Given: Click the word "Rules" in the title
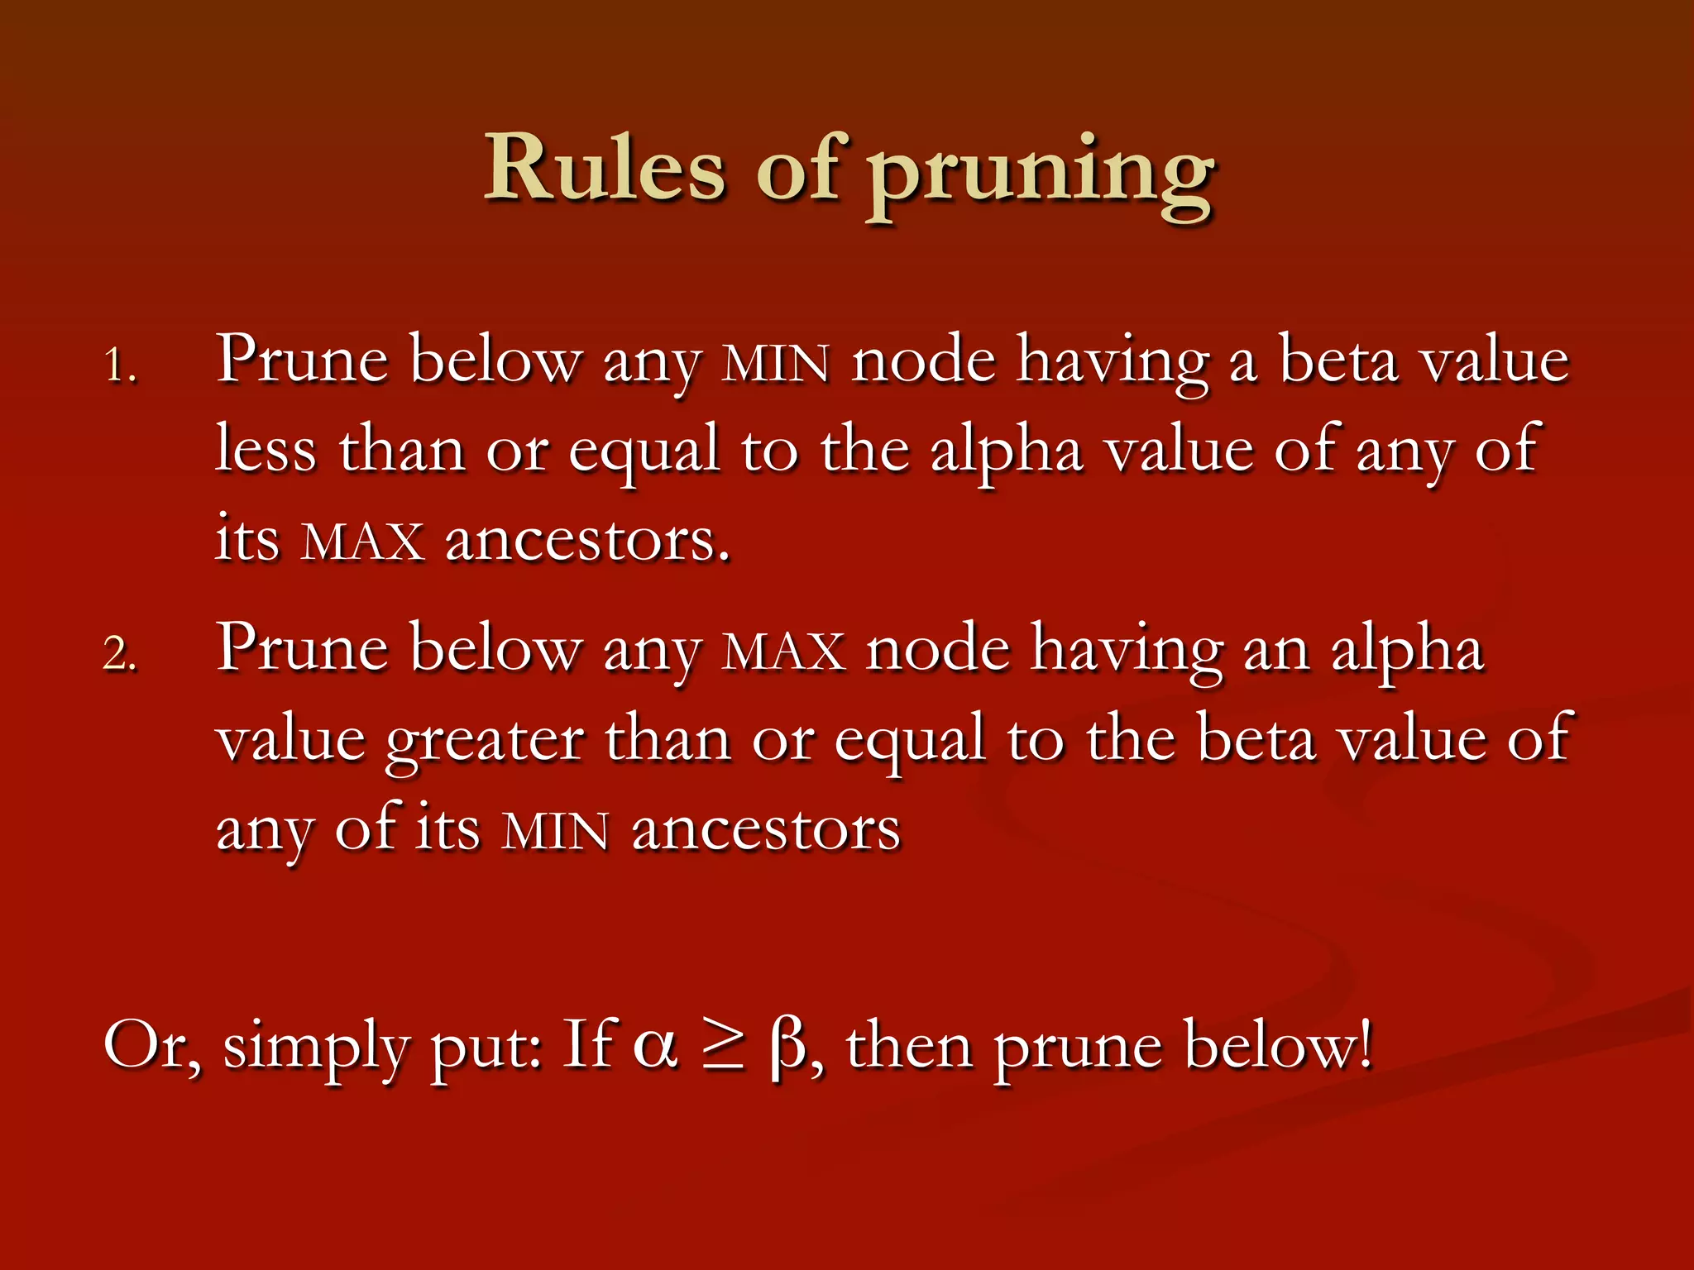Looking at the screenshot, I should (x=605, y=169).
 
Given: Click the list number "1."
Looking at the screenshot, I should (x=120, y=366).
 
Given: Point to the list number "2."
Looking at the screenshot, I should (x=120, y=654).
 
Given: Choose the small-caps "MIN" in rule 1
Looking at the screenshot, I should (x=775, y=365).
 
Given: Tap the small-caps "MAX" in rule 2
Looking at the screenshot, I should (x=783, y=652).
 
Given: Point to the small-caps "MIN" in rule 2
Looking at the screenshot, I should (x=556, y=832).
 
